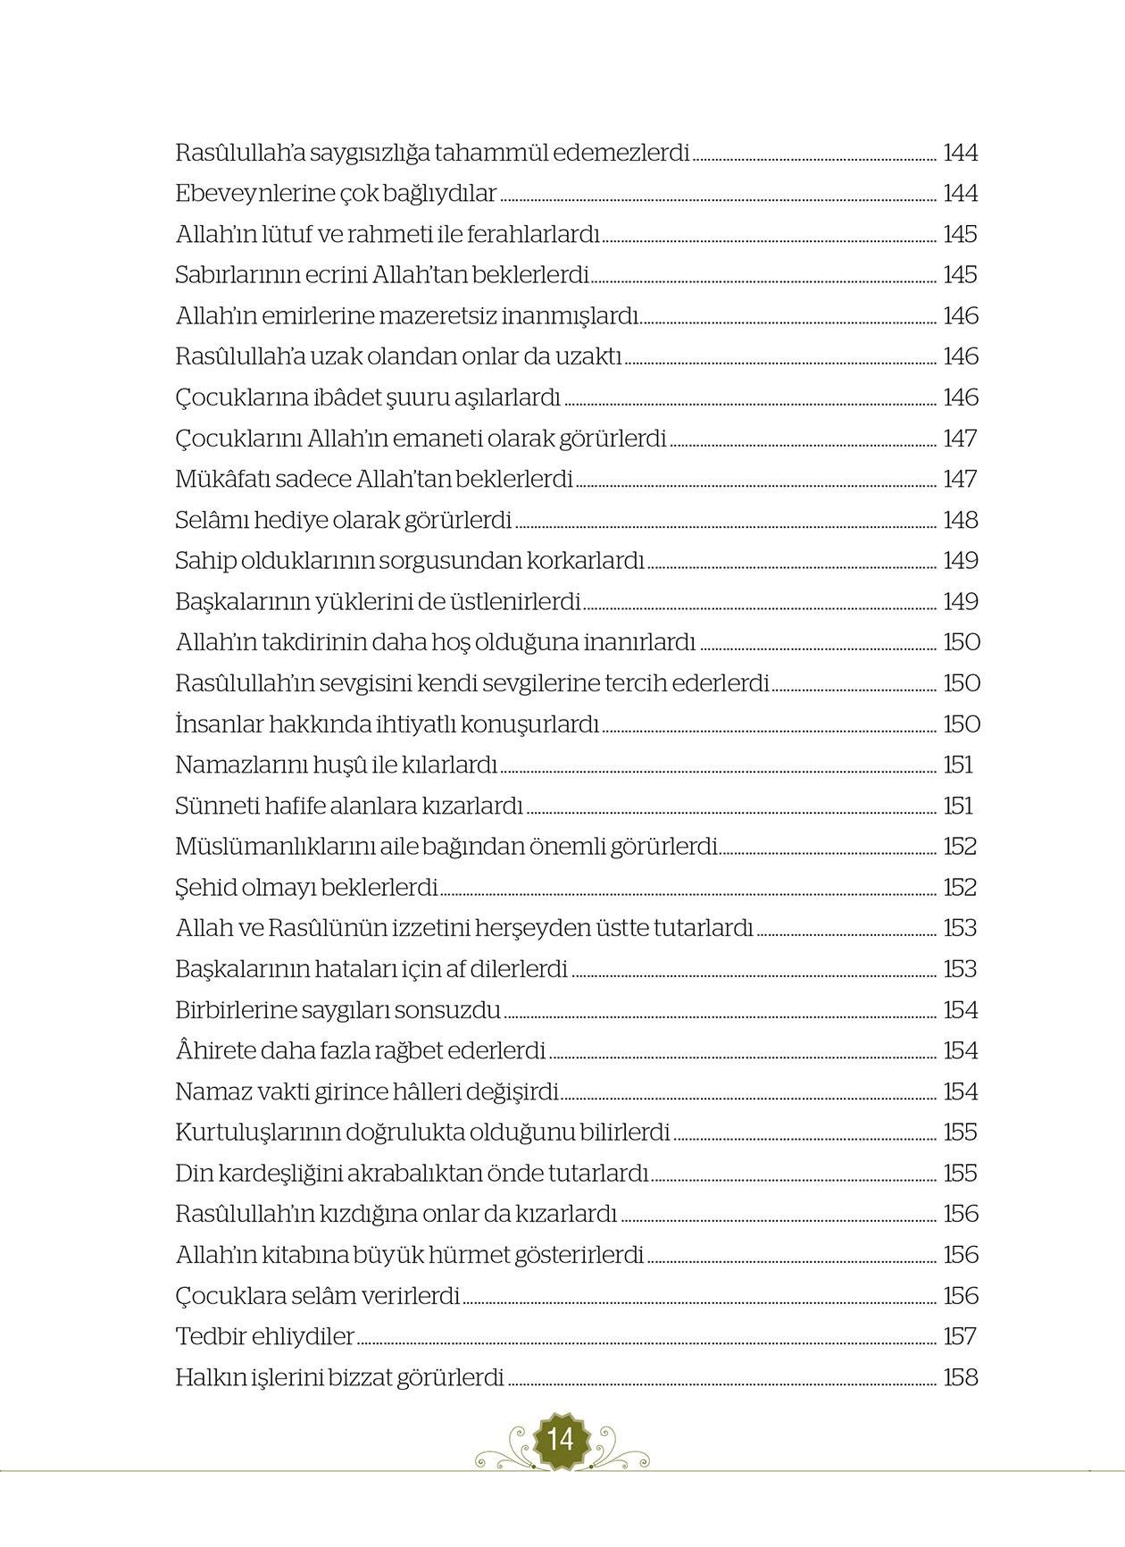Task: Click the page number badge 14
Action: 562,1440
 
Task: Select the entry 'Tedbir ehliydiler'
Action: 265,1337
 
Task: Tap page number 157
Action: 960,1337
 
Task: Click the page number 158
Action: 961,1378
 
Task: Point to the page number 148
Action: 961,520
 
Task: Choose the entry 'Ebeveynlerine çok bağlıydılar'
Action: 336,194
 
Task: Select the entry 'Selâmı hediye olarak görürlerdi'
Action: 344,520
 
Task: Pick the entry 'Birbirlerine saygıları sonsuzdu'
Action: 338,1010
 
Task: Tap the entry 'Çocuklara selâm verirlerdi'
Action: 318,1296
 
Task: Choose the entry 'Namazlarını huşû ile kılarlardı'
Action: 336,765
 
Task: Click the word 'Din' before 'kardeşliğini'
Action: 192,1174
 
